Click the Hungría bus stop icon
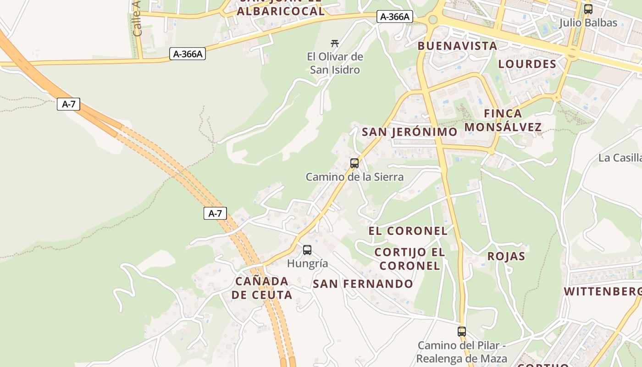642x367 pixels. coord(307,250)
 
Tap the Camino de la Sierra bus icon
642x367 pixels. coord(354,163)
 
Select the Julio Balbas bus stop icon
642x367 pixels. coord(588,9)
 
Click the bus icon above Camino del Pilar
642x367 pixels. coord(462,332)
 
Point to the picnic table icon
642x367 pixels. coord(335,44)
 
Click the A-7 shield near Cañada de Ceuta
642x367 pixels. coord(215,213)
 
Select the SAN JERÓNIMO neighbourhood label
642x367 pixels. coord(410,132)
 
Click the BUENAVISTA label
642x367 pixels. coord(457,46)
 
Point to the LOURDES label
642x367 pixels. coord(527,64)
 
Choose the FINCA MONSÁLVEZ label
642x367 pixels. coord(503,120)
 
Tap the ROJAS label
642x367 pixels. coord(506,256)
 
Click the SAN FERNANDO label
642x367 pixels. coord(363,284)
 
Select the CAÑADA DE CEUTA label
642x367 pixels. coord(261,288)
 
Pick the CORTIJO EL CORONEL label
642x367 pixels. coord(410,259)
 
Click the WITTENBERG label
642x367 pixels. coord(602,291)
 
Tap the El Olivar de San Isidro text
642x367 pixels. coord(335,63)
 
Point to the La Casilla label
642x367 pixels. coord(620,158)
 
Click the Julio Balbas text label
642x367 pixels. coord(588,22)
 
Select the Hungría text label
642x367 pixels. coord(307,263)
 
